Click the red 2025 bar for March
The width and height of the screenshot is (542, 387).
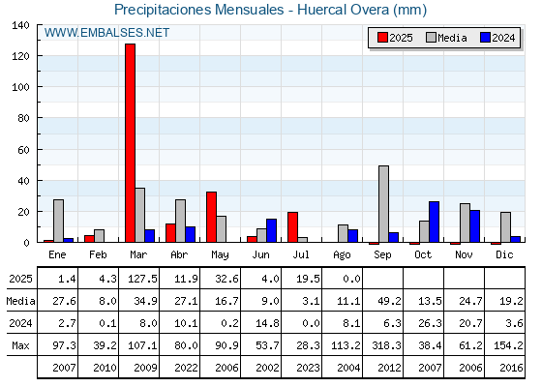point(131,143)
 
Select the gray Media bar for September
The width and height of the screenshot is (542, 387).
point(383,204)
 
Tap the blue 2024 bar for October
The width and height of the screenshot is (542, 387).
point(435,222)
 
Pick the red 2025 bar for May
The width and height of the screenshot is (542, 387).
point(212,217)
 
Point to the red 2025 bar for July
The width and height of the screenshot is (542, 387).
point(292,227)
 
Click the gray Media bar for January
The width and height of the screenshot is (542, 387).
point(58,221)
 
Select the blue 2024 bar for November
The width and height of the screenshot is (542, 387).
point(474,226)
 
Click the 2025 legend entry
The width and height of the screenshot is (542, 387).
point(395,38)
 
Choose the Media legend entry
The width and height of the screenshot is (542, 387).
point(446,38)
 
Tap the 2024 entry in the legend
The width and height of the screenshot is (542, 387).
point(497,38)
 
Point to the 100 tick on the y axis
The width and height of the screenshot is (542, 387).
point(20,87)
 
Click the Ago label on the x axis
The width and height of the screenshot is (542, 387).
point(342,255)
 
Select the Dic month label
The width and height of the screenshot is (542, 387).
point(504,254)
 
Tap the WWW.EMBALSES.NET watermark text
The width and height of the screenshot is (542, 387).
point(106,33)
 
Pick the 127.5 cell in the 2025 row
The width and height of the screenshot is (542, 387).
point(142,279)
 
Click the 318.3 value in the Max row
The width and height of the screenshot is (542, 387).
point(386,345)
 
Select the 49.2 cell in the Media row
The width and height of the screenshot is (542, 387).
point(389,301)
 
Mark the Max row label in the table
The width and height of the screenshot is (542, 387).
point(20,345)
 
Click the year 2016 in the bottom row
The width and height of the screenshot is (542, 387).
point(511,368)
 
